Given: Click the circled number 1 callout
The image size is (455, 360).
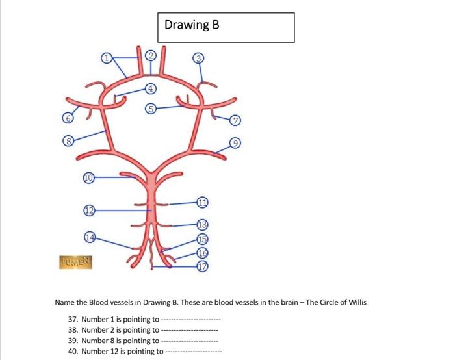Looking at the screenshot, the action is [x=107, y=58].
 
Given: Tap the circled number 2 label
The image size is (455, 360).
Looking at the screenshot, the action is [x=151, y=55].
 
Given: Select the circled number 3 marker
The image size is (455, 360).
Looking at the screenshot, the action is [x=198, y=58].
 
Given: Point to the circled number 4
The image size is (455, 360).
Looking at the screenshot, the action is [x=150, y=88].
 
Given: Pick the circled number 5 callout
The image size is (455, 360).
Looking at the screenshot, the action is [x=151, y=109].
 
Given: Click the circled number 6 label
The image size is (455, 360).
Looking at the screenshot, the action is [x=68, y=118].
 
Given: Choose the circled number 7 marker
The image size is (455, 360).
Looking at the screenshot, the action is [x=235, y=120].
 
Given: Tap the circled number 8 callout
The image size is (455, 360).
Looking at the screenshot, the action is [x=68, y=141].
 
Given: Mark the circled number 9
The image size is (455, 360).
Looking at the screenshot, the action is [x=235, y=143].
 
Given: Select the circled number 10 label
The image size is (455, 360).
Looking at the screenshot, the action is [x=89, y=178].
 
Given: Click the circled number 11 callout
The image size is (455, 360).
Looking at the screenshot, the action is [x=203, y=202].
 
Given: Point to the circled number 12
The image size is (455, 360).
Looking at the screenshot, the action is [x=90, y=211].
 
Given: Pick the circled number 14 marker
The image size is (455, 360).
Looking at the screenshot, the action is [x=90, y=237].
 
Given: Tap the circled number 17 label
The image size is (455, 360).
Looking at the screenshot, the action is [x=203, y=266].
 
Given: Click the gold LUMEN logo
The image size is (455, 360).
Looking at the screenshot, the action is [x=76, y=263].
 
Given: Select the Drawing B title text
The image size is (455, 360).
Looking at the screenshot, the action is [x=192, y=25].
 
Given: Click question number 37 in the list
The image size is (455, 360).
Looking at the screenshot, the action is [x=73, y=320].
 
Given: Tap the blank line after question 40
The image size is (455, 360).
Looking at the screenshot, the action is [x=194, y=352].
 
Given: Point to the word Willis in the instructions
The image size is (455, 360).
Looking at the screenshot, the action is [x=357, y=302].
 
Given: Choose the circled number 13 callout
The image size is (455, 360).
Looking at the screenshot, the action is [x=203, y=225].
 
